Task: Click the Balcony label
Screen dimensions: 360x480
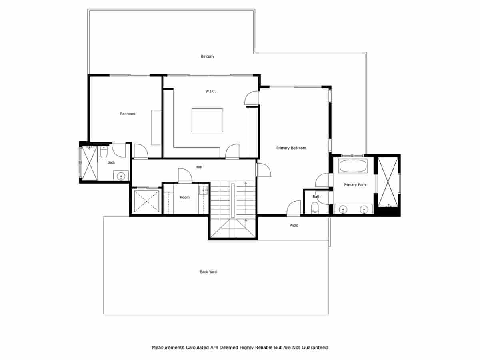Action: [x=208, y=56]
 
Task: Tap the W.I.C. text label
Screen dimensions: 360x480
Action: [x=210, y=92]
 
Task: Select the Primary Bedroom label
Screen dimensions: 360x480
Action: [x=291, y=148]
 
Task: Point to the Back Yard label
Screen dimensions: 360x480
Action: [x=208, y=272]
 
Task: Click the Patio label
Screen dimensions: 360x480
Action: [x=294, y=226]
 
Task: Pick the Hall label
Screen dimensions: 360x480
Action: [x=199, y=167]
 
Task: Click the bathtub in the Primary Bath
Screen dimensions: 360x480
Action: [x=353, y=166]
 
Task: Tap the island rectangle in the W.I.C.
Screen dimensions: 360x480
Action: [x=207, y=120]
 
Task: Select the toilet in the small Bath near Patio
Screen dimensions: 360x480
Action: [x=315, y=207]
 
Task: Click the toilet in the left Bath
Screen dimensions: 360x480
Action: [x=104, y=153]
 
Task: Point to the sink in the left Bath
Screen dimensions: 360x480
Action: [x=121, y=176]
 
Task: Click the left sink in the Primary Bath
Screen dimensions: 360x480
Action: [x=343, y=209]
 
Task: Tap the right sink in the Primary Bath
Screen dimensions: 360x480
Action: [x=364, y=209]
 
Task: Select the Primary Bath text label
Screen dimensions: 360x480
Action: [x=354, y=185]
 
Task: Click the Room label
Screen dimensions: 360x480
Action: [x=184, y=198]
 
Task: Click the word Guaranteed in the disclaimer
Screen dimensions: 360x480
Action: [x=314, y=348]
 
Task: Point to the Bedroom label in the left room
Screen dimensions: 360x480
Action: [x=128, y=114]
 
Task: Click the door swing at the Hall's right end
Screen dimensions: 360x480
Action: [x=263, y=170]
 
